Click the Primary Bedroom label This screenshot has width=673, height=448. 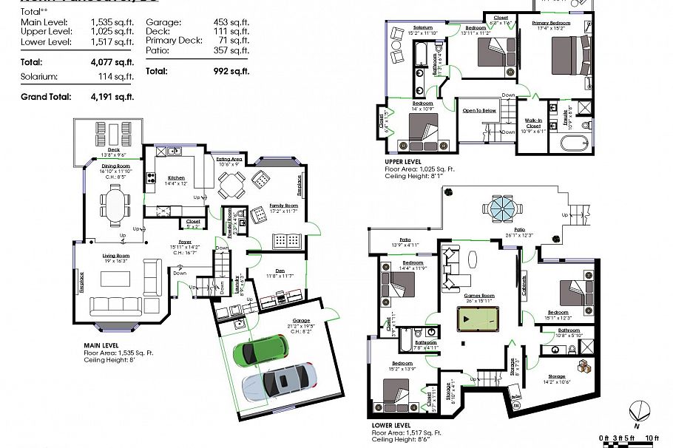click(551, 24)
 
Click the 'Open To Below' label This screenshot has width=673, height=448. click(479, 110)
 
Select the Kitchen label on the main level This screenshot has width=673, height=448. click(176, 177)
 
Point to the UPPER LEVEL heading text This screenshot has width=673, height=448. click(403, 160)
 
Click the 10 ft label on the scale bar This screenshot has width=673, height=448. click(651, 440)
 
